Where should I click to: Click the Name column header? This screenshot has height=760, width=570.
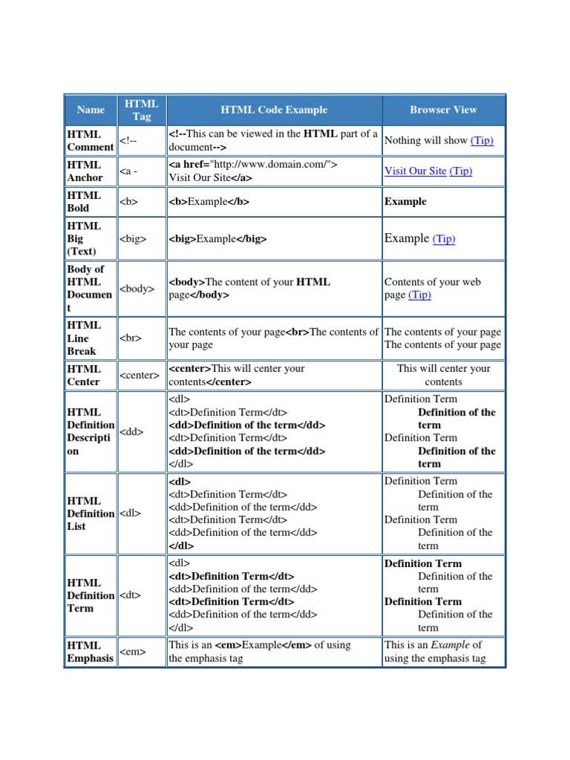coord(91,110)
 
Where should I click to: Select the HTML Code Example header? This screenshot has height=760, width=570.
coord(274,110)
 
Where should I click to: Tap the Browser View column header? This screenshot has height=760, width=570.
coord(443,110)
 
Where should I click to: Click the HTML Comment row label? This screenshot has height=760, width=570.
coord(90,140)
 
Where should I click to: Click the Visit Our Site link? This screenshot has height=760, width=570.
coord(416,171)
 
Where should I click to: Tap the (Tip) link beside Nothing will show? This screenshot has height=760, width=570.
coord(482,140)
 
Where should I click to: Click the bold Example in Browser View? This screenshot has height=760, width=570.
coord(405,202)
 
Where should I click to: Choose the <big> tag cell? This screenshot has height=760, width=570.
coord(133,239)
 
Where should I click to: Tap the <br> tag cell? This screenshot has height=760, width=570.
coord(130,338)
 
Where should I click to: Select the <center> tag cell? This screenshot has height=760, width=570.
coord(140,375)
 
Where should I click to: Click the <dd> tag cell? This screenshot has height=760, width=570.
coord(131,431)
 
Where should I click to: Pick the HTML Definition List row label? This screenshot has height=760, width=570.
coord(90,514)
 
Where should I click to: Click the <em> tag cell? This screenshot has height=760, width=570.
coord(132,652)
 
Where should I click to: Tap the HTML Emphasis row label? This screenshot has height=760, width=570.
coord(90,652)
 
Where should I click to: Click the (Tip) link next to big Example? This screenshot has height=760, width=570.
coord(444,239)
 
